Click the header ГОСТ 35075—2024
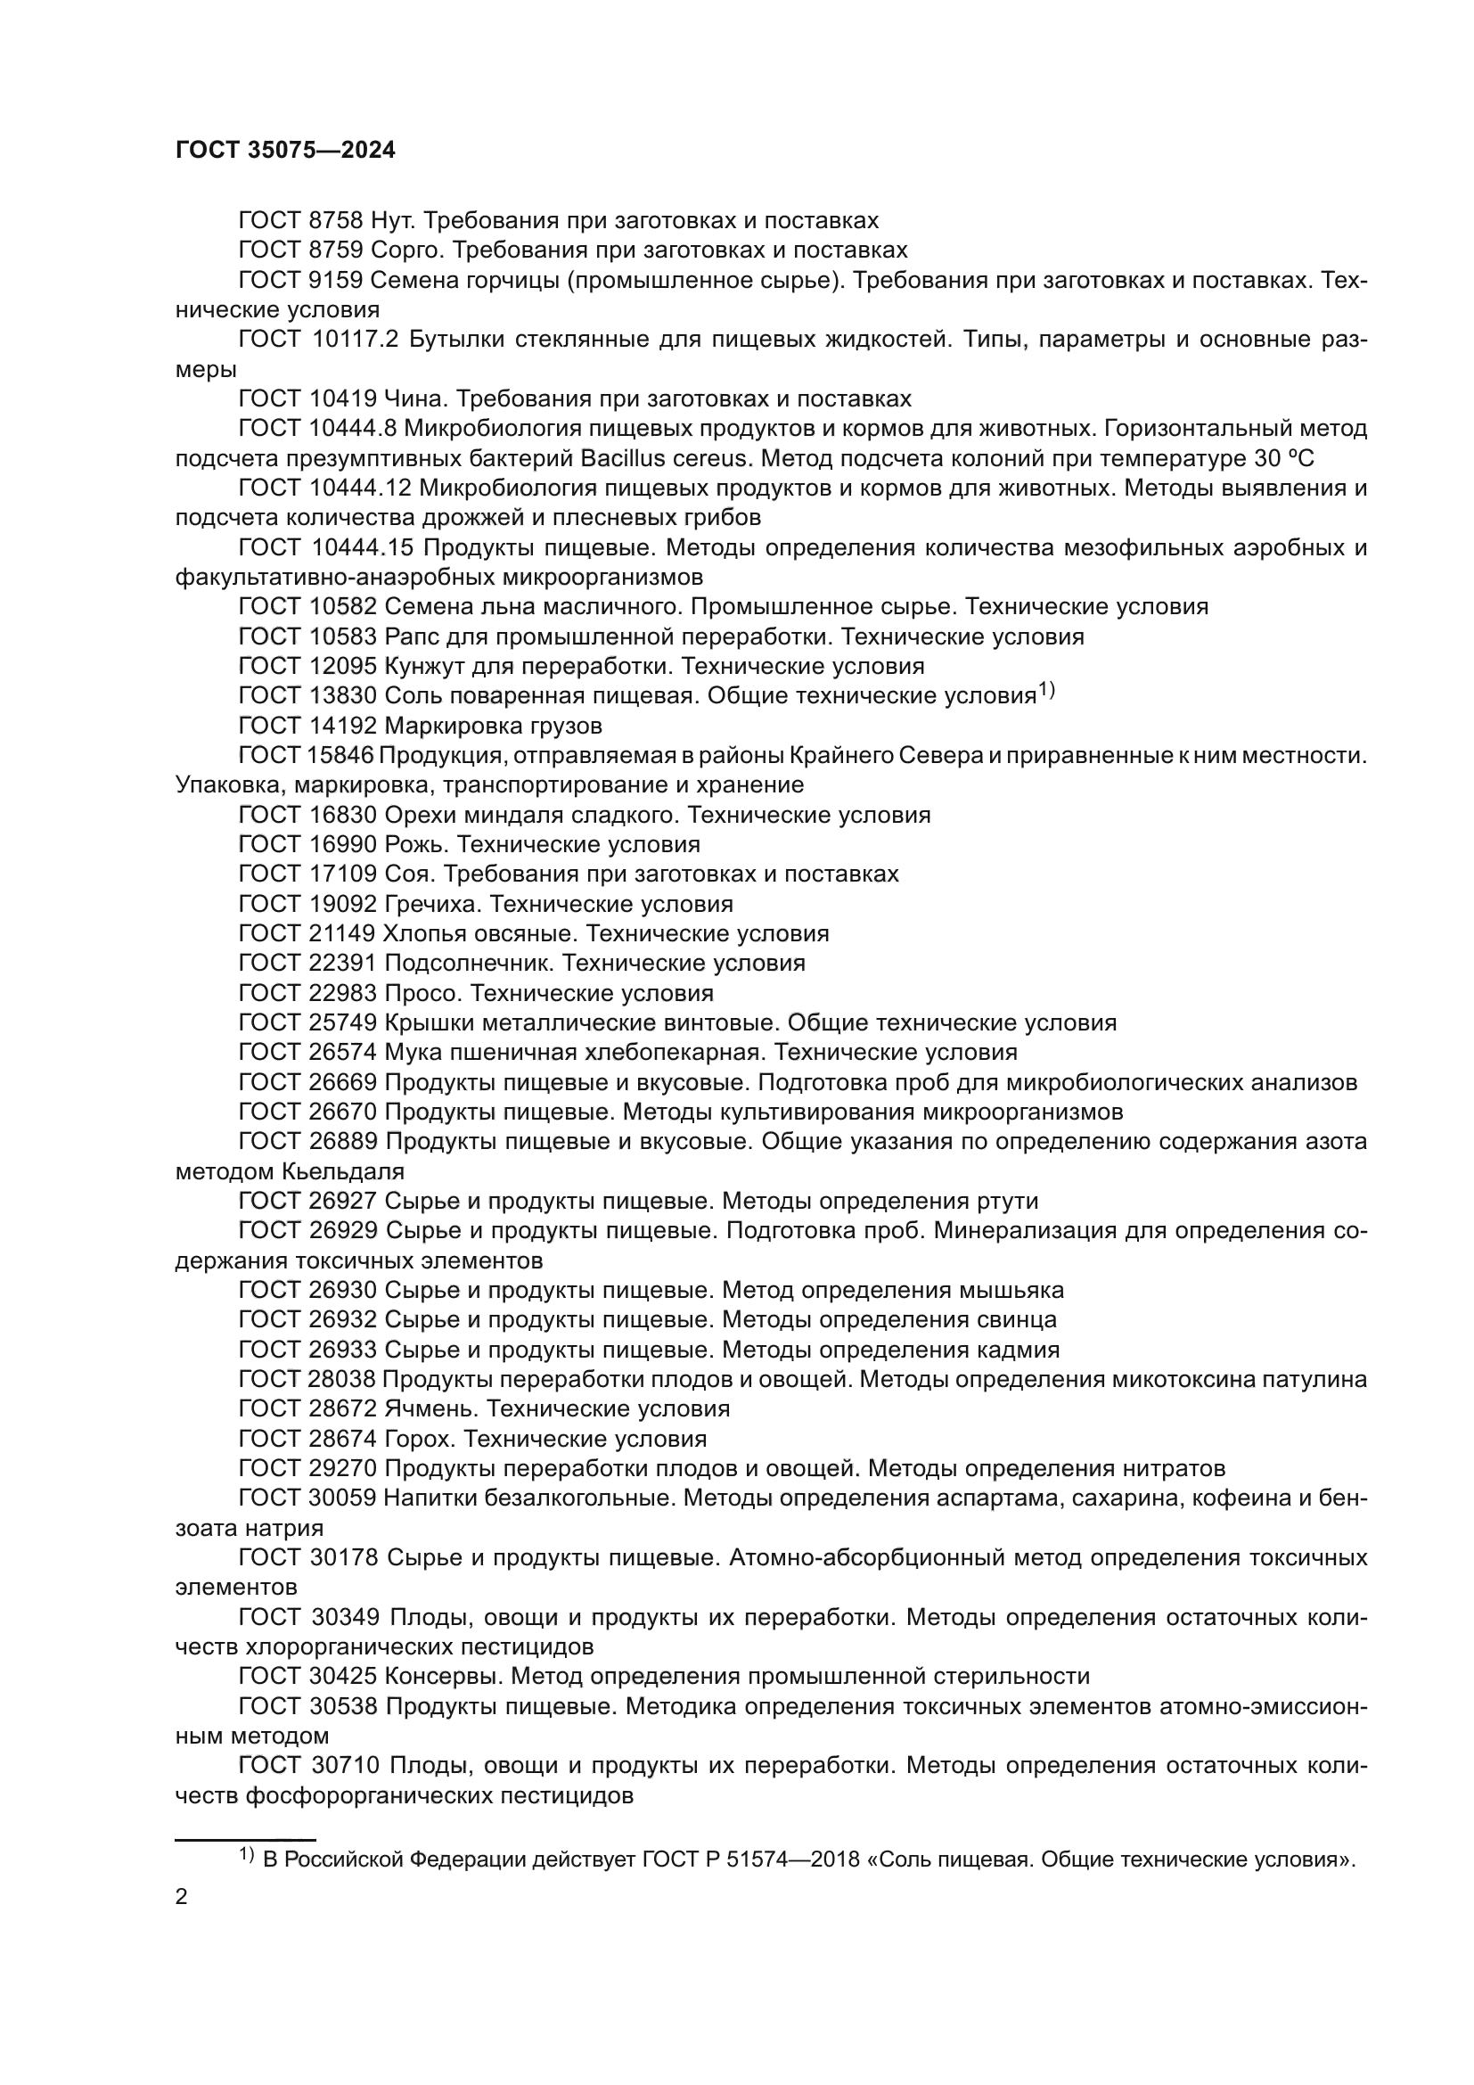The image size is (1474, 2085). coord(285,151)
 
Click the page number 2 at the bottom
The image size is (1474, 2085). coord(182,1897)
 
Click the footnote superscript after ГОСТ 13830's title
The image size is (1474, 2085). coord(1045,692)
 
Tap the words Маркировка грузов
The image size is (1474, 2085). coord(493,726)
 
